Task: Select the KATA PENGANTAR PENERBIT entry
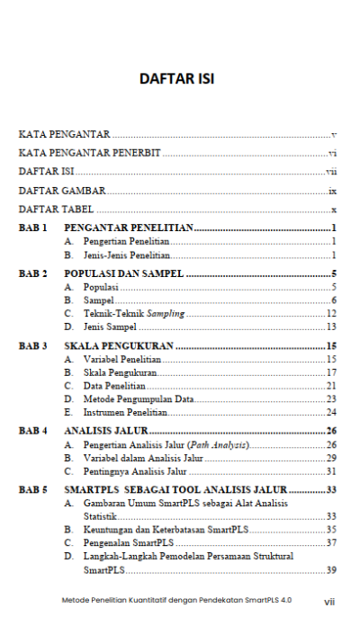[x=89, y=153]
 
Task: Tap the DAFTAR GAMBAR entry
[x=62, y=191]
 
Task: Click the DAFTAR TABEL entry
[x=57, y=210]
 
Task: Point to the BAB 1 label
[x=33, y=228]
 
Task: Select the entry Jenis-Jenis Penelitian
[x=125, y=255]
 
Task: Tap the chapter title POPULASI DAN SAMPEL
[x=123, y=273]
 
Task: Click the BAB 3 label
[x=33, y=345]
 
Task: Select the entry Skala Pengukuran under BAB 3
[x=121, y=372]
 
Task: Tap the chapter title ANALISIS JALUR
[x=105, y=431]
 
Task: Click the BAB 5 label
[x=33, y=489]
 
